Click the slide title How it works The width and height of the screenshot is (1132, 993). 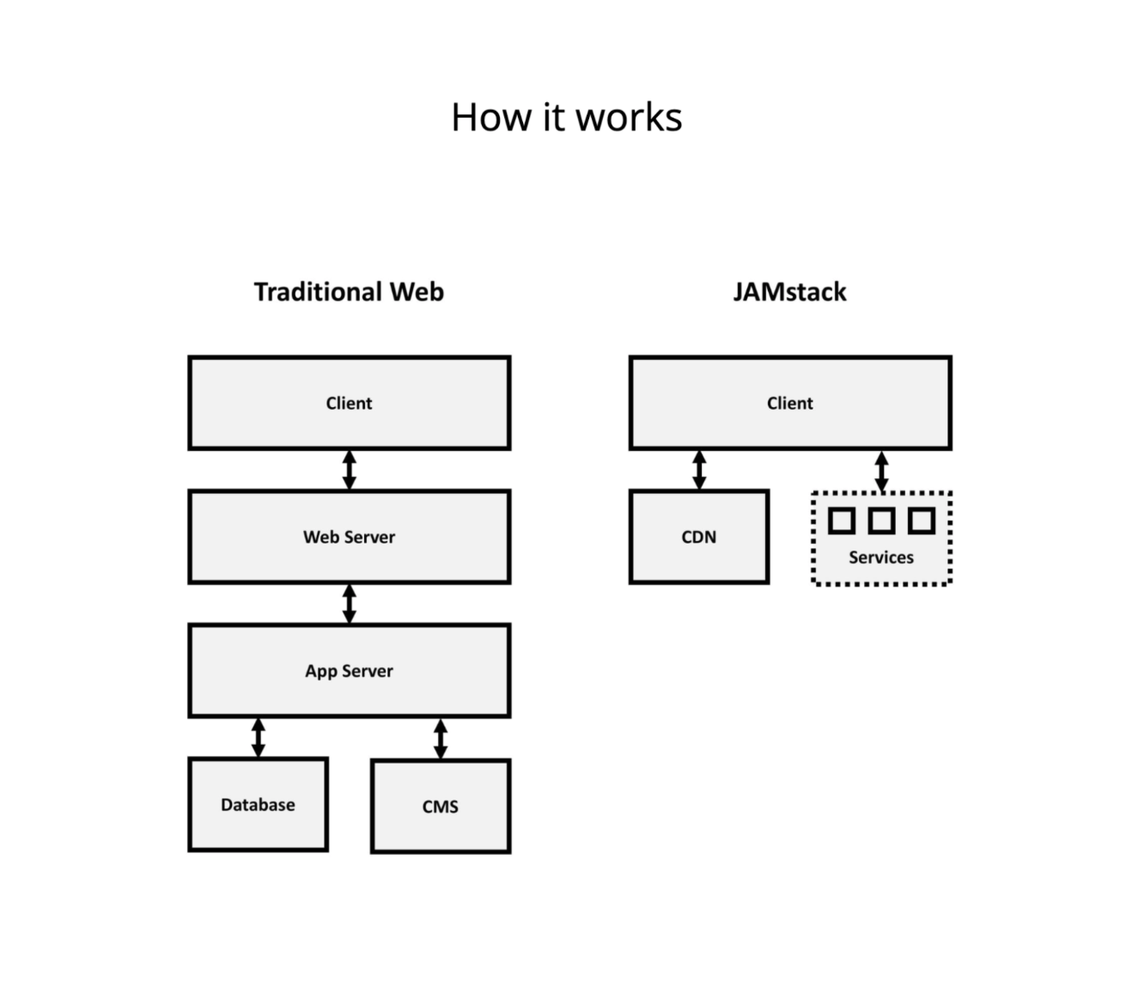(x=566, y=118)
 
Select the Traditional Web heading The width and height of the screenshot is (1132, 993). (x=349, y=292)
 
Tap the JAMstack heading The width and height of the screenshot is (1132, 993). (x=789, y=292)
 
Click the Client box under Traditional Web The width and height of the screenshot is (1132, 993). (x=349, y=403)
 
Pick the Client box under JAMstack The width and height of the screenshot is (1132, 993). (x=789, y=403)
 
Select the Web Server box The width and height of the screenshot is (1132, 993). (x=349, y=537)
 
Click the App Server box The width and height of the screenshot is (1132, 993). (x=349, y=671)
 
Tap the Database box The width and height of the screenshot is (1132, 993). (x=258, y=805)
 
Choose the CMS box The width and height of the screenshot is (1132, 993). (x=440, y=807)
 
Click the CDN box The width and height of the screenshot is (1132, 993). (x=698, y=537)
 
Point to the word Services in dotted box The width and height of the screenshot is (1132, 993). (x=881, y=557)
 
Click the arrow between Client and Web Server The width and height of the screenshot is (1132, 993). (x=349, y=470)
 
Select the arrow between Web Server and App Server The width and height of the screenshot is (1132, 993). (x=349, y=604)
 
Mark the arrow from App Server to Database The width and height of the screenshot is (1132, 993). (x=258, y=738)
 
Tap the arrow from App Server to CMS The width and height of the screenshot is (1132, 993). (x=440, y=739)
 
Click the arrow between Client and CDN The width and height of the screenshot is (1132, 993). (x=699, y=470)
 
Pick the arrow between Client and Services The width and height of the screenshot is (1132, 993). (x=881, y=472)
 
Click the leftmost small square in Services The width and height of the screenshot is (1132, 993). (x=841, y=521)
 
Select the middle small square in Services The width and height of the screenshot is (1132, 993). (x=881, y=521)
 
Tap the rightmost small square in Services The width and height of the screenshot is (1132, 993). (x=921, y=521)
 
